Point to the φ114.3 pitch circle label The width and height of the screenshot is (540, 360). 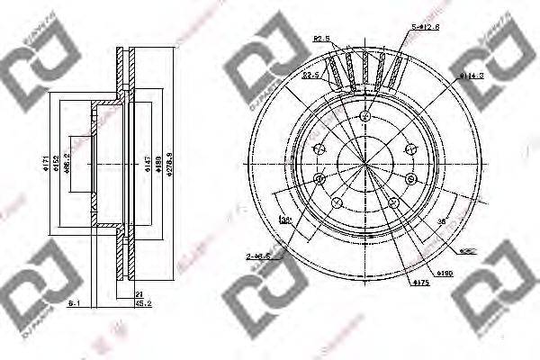(x=473, y=76)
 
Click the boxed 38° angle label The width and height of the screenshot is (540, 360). (x=285, y=219)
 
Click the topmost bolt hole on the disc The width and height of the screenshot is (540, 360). (x=364, y=116)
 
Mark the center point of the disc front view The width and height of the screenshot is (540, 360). (x=364, y=166)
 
